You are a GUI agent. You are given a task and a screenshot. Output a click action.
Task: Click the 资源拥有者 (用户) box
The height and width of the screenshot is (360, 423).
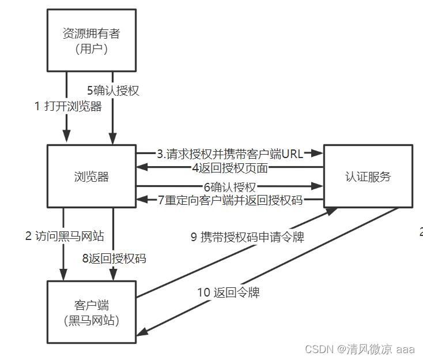point(92,40)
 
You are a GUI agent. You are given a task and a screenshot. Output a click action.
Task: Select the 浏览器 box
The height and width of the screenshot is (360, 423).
point(92,176)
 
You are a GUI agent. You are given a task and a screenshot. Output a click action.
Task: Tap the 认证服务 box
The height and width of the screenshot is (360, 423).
point(368,176)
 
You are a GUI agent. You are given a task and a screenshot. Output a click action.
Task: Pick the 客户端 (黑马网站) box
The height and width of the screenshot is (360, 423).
point(92,312)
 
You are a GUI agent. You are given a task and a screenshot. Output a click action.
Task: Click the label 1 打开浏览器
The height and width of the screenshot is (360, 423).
point(68,106)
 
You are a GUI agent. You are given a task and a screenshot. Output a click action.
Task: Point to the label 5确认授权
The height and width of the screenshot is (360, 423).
point(113,91)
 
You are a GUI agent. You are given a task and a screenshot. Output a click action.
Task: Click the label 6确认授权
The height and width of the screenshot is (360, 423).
point(229,187)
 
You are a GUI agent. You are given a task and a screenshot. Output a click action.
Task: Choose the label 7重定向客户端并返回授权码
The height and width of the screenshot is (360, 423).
point(231,200)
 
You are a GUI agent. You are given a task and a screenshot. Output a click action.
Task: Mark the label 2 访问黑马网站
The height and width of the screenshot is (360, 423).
point(65,235)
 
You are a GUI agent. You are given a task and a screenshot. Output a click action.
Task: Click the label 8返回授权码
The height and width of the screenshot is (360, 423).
point(114,258)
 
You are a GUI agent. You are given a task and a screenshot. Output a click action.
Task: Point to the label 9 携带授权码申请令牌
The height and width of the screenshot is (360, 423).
point(247,237)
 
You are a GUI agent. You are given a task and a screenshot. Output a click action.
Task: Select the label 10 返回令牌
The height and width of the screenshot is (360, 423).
point(228,292)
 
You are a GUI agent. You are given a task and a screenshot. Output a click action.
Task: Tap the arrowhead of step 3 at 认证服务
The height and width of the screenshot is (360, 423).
point(318,153)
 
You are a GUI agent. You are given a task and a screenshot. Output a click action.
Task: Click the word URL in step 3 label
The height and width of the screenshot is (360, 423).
point(292,154)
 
